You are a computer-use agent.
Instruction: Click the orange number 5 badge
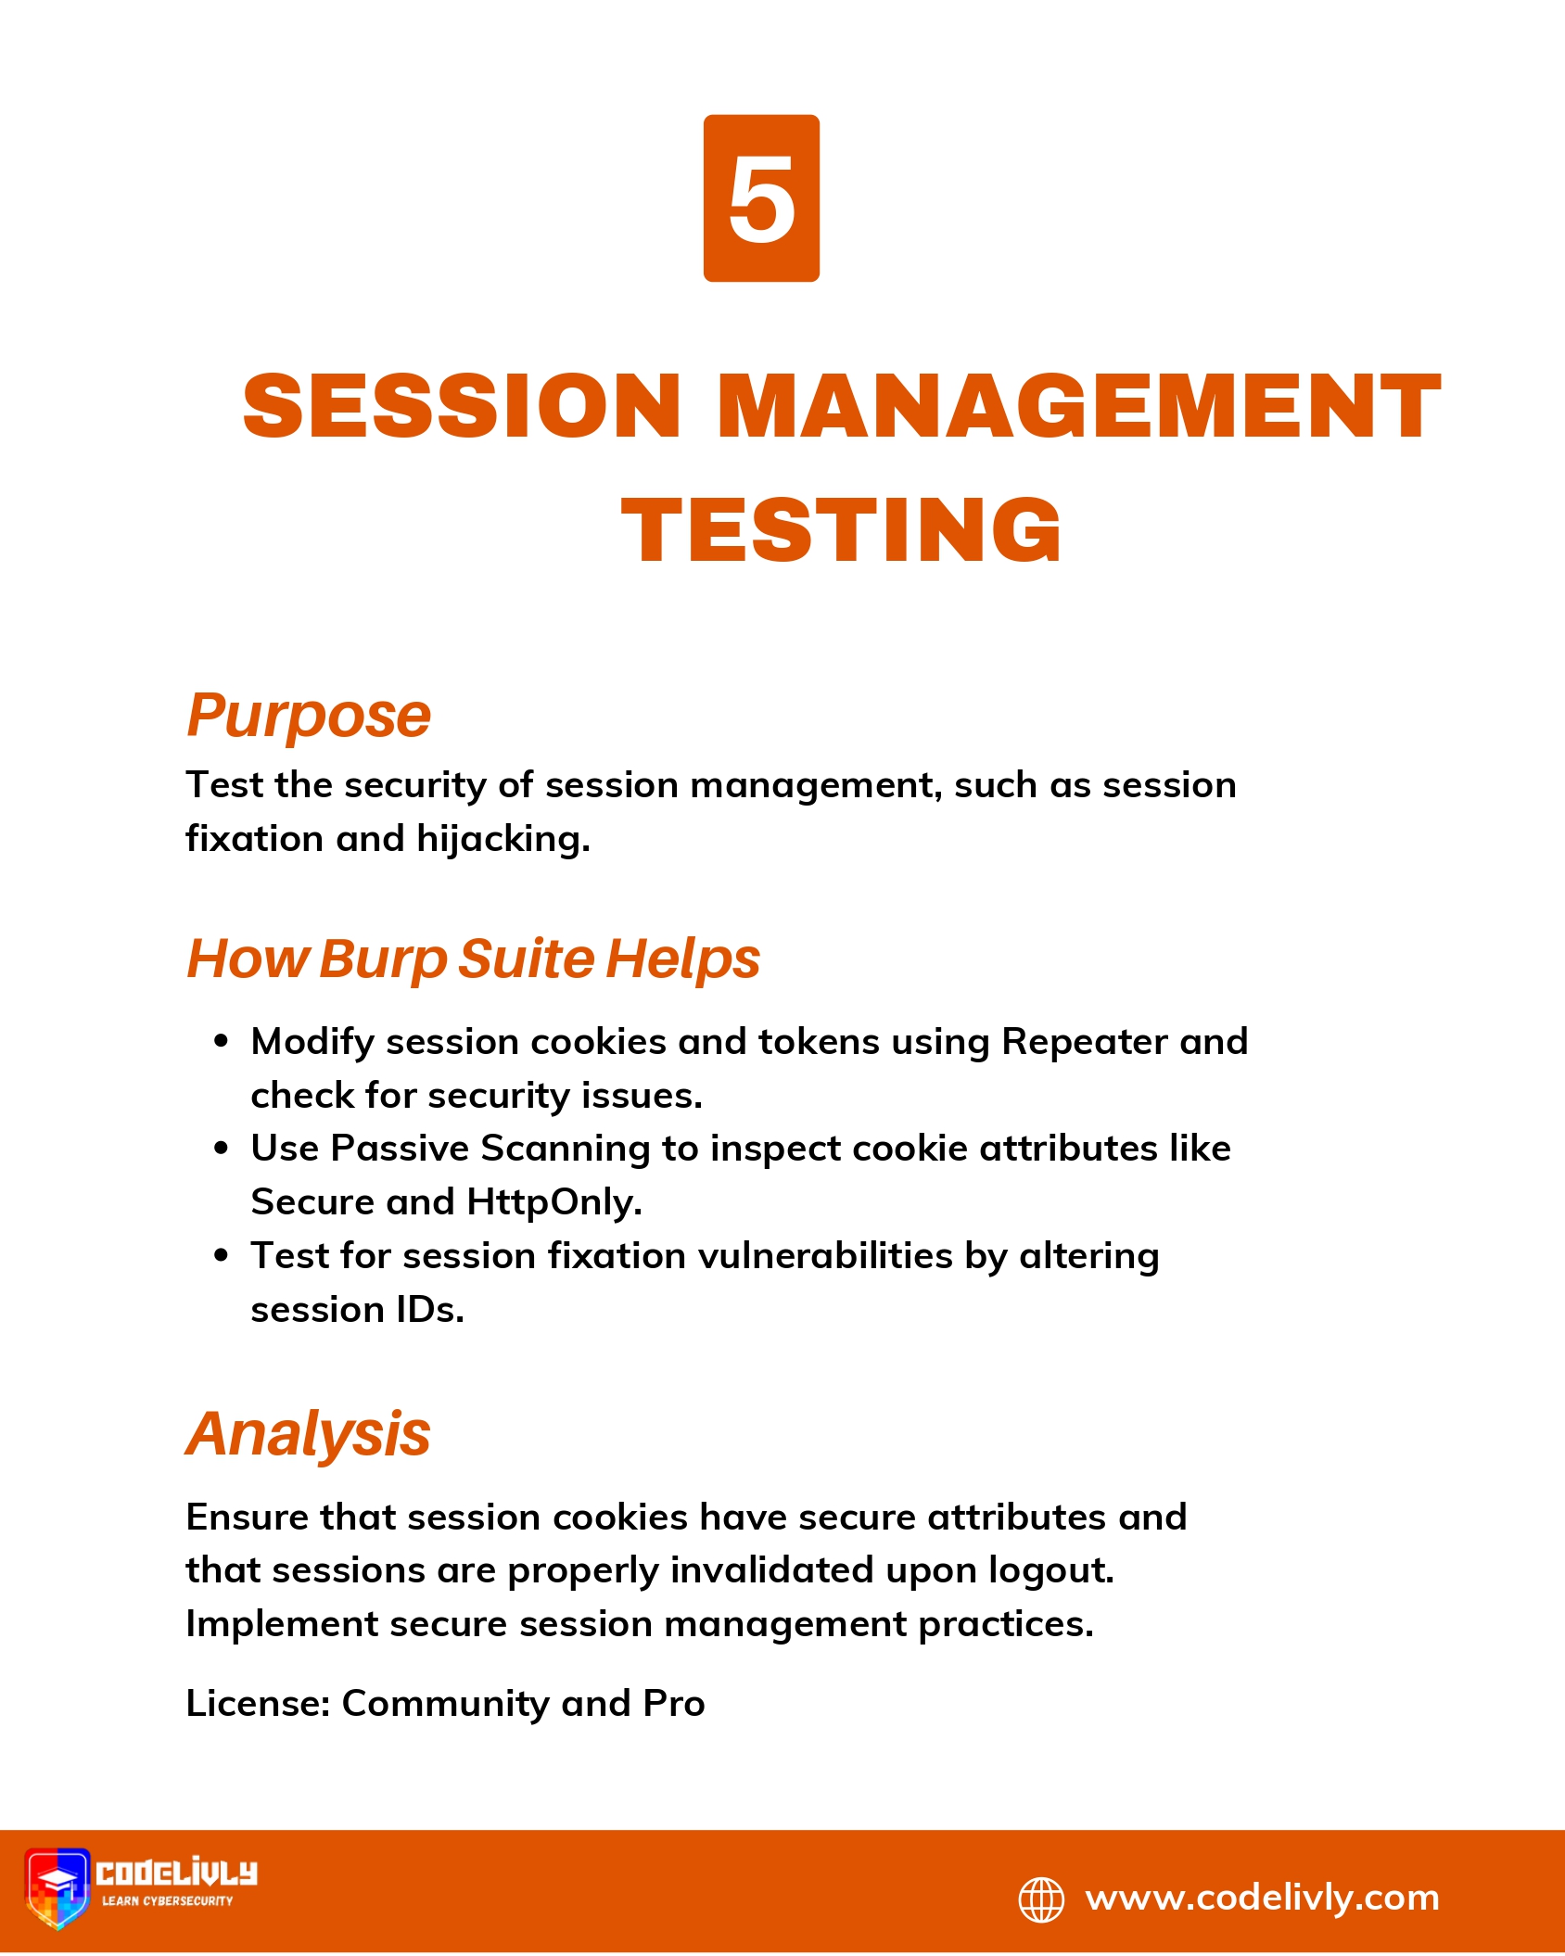coord(761,198)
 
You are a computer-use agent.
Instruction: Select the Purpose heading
coord(309,718)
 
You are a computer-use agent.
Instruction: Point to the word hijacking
coord(503,839)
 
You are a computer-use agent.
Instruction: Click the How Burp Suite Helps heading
coord(474,959)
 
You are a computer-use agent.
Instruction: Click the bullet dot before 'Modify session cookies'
coord(221,1041)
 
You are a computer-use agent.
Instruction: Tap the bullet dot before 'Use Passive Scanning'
coord(221,1149)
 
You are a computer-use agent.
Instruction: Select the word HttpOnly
coord(554,1202)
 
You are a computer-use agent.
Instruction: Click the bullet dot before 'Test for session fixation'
coord(221,1255)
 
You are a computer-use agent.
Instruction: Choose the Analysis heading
coord(308,1435)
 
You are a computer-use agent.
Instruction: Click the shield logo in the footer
coord(57,1889)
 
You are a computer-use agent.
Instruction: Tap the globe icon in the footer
coord(1042,1899)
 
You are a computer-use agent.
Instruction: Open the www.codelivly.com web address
coord(1263,1899)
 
